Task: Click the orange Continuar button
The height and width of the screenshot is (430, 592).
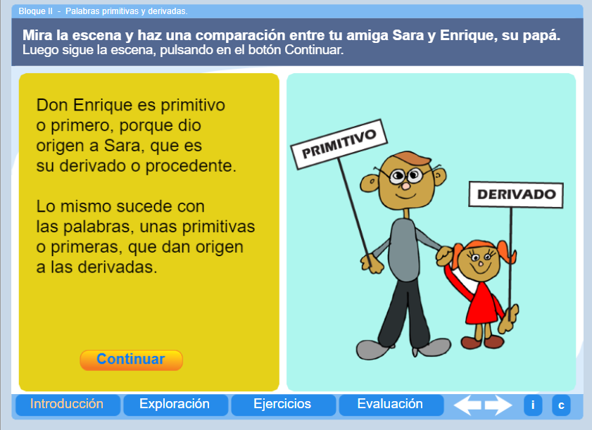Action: point(131,360)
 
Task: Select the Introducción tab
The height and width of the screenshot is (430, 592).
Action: point(67,405)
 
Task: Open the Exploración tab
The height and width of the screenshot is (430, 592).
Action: point(175,405)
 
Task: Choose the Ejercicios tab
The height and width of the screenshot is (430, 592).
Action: point(283,405)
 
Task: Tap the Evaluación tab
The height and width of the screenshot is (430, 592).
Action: point(391,405)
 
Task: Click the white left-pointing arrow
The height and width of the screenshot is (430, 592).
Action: point(467,405)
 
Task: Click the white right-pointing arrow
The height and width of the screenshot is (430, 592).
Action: point(499,405)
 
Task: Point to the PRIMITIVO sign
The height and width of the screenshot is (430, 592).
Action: point(339,144)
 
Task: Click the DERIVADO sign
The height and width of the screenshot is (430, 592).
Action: point(516,194)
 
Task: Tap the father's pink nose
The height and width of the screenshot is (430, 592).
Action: point(405,186)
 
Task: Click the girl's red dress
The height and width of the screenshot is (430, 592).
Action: point(482,303)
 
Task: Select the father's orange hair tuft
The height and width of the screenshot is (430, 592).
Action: point(412,158)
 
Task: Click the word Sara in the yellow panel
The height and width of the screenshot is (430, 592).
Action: point(121,146)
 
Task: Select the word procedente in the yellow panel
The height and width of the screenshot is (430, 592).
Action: point(191,166)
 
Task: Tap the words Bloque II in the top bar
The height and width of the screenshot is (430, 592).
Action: point(36,11)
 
